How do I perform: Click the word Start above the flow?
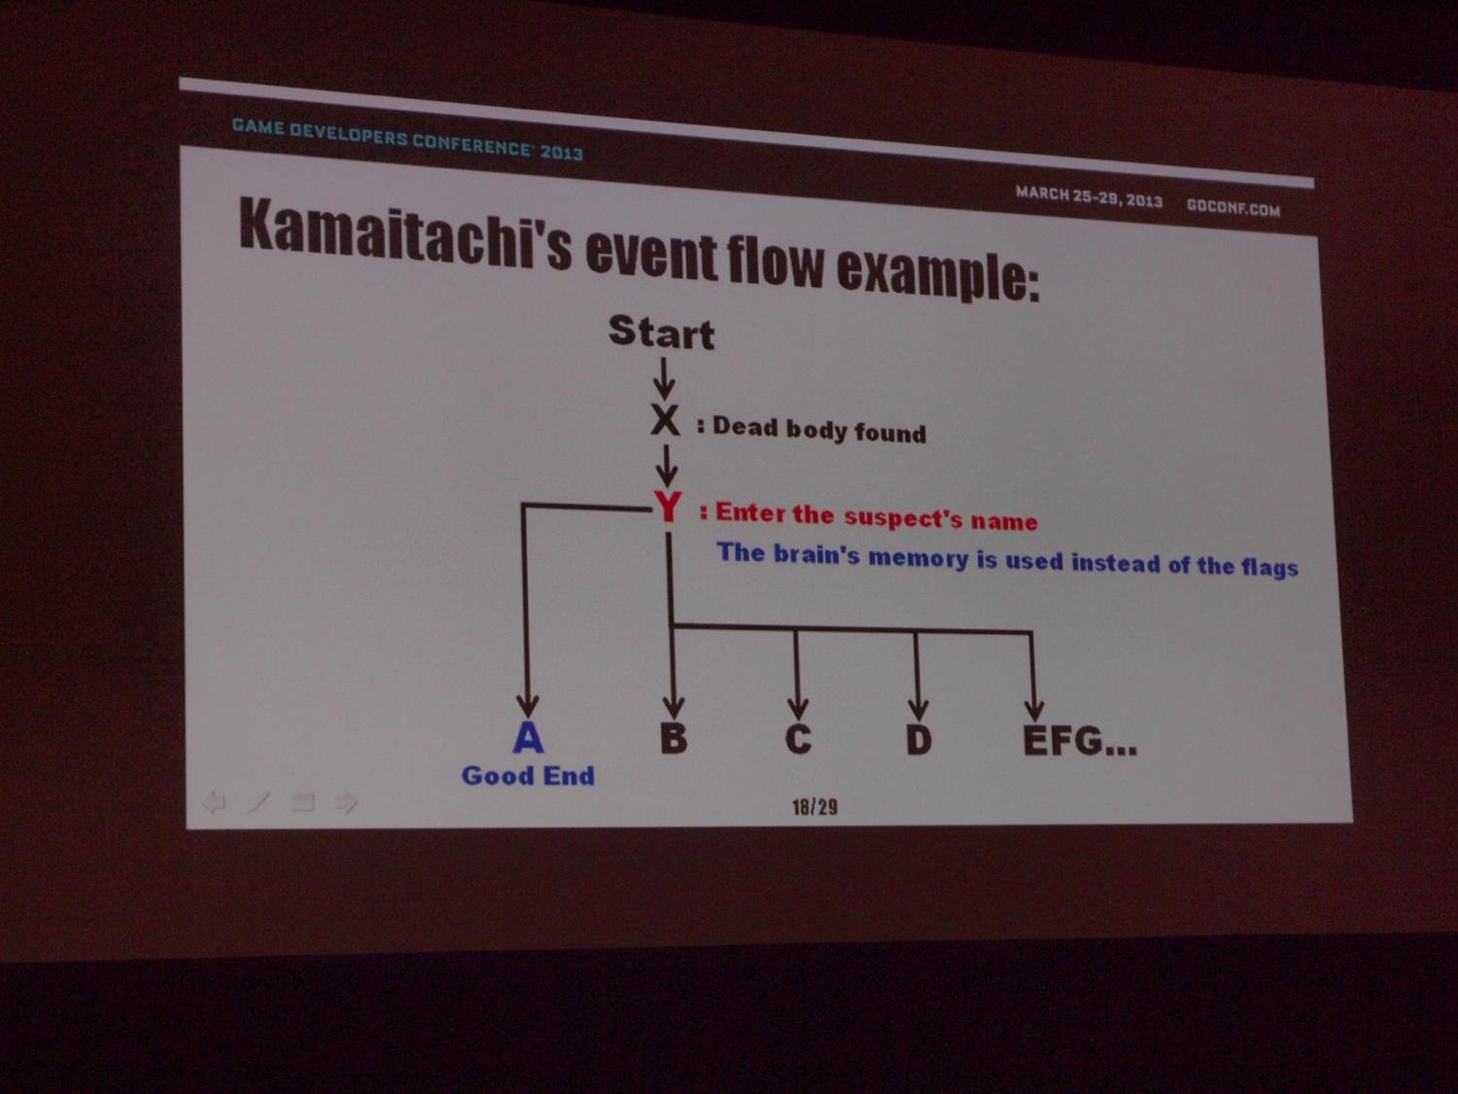(x=662, y=332)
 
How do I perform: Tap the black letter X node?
(x=665, y=420)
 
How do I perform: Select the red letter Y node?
(x=668, y=508)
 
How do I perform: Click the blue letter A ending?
(x=528, y=737)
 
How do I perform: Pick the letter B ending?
(x=674, y=738)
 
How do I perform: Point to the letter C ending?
(x=798, y=739)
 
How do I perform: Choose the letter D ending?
(x=919, y=739)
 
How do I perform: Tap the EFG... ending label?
(x=1080, y=741)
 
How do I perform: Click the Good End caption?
(x=528, y=775)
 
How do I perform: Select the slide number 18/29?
(x=815, y=807)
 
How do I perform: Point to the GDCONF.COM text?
(x=1233, y=208)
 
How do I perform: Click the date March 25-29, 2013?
(x=1090, y=196)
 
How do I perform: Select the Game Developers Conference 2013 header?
(x=408, y=139)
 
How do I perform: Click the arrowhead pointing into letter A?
(x=528, y=707)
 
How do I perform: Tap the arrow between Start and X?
(x=664, y=378)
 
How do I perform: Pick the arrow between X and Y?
(x=666, y=466)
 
